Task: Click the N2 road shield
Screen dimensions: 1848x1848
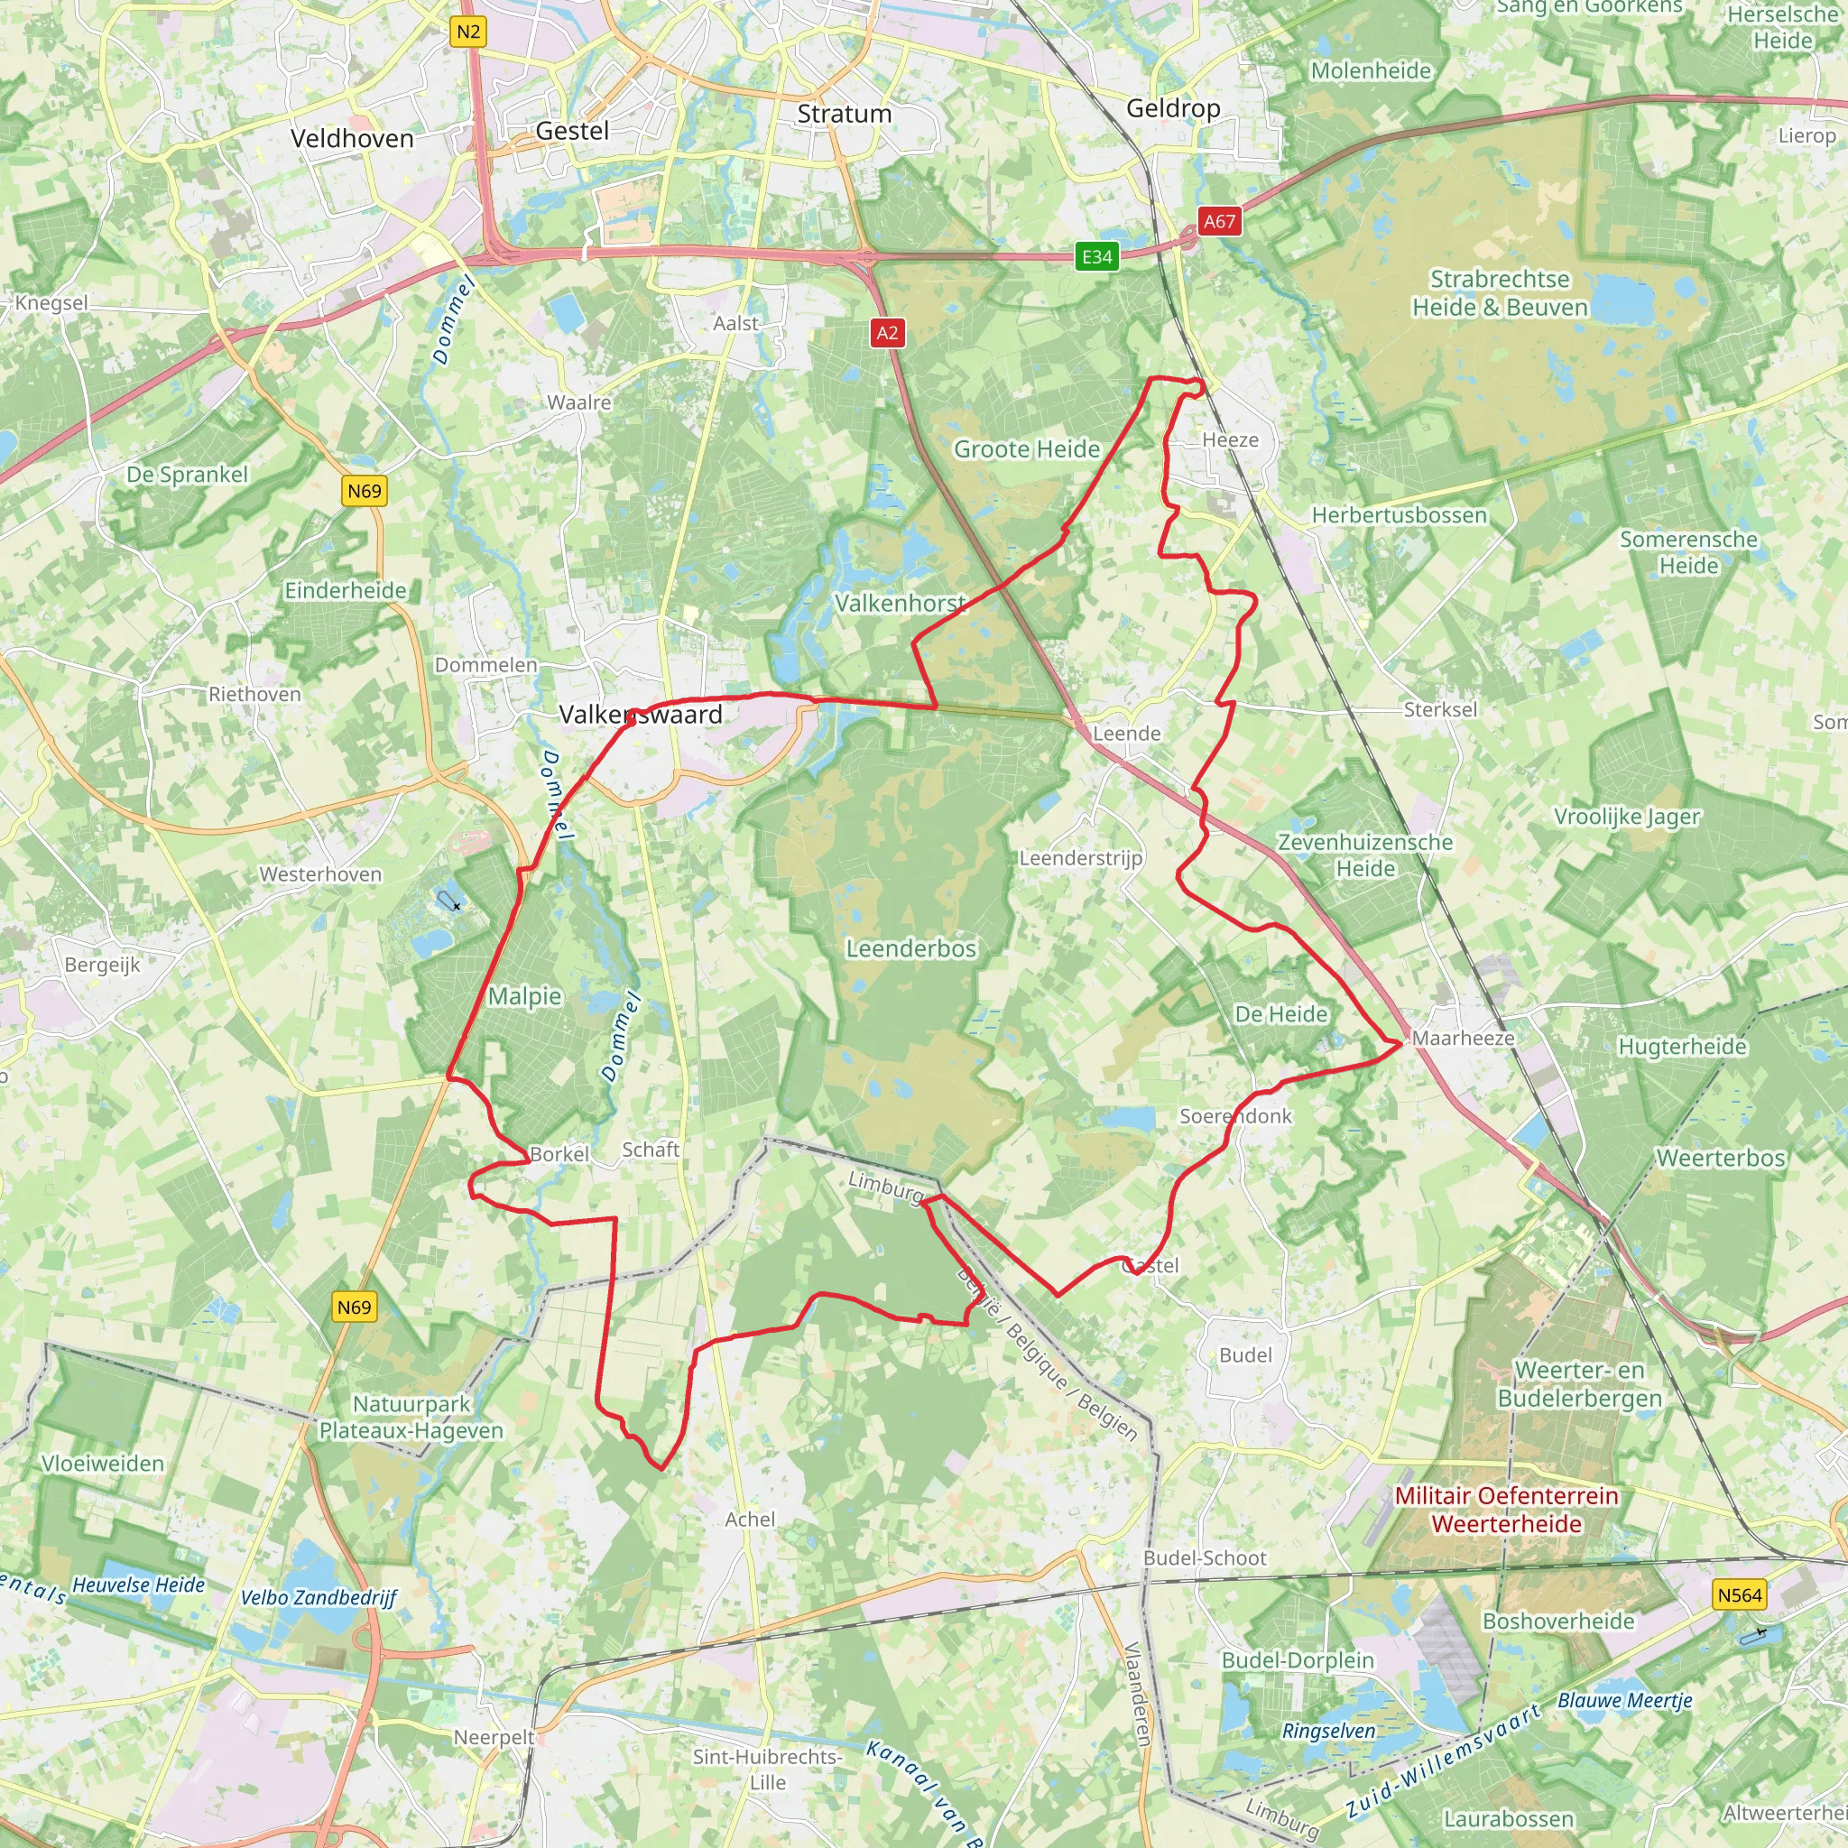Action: (x=467, y=32)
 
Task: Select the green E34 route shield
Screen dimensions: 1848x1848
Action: (x=1096, y=256)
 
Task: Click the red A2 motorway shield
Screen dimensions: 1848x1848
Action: (x=887, y=333)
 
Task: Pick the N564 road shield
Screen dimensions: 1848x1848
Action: (x=1739, y=1594)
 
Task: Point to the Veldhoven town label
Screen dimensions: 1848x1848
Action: (x=352, y=139)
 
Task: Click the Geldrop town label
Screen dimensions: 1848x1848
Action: (x=1173, y=108)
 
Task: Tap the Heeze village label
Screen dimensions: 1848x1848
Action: (x=1230, y=440)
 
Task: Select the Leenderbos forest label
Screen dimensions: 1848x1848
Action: (x=910, y=949)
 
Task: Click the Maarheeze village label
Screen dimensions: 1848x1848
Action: (x=1463, y=1038)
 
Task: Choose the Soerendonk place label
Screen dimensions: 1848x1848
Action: (x=1235, y=1116)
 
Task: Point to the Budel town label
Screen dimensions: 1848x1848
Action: (x=1245, y=1355)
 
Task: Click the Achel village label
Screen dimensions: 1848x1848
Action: (x=750, y=1519)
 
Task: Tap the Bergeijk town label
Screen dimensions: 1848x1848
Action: (x=102, y=965)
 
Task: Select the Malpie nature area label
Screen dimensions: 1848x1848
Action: (x=524, y=997)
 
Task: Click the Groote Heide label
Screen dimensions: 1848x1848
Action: (x=1026, y=449)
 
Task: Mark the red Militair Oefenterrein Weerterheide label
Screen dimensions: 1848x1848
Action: (x=1507, y=1510)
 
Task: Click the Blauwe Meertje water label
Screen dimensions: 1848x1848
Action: (x=1625, y=1701)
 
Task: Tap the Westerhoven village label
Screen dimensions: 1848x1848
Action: (x=320, y=874)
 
